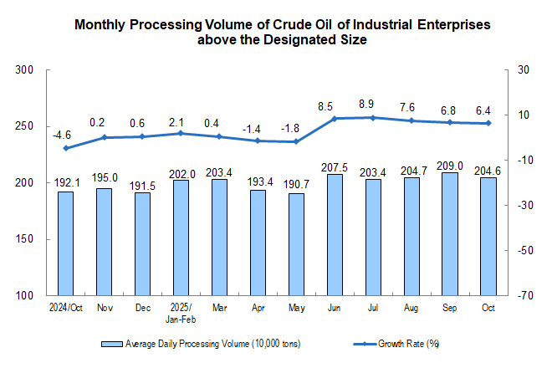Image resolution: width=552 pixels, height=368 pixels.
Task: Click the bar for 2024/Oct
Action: coord(65,243)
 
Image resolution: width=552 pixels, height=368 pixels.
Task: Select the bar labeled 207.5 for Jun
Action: coord(335,235)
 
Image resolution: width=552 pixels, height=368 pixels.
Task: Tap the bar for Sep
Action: coord(450,234)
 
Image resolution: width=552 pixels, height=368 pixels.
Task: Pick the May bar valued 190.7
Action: coord(296,244)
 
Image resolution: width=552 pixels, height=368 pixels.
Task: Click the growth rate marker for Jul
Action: coord(373,117)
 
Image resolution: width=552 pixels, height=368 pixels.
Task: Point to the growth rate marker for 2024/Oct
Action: coord(65,148)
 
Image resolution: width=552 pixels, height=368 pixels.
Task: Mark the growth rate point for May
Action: coord(296,141)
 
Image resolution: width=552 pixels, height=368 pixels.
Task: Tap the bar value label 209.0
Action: coord(450,165)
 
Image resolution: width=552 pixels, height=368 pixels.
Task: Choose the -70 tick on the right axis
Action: coord(525,296)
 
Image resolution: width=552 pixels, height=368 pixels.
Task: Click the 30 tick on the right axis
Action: coord(524,70)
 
